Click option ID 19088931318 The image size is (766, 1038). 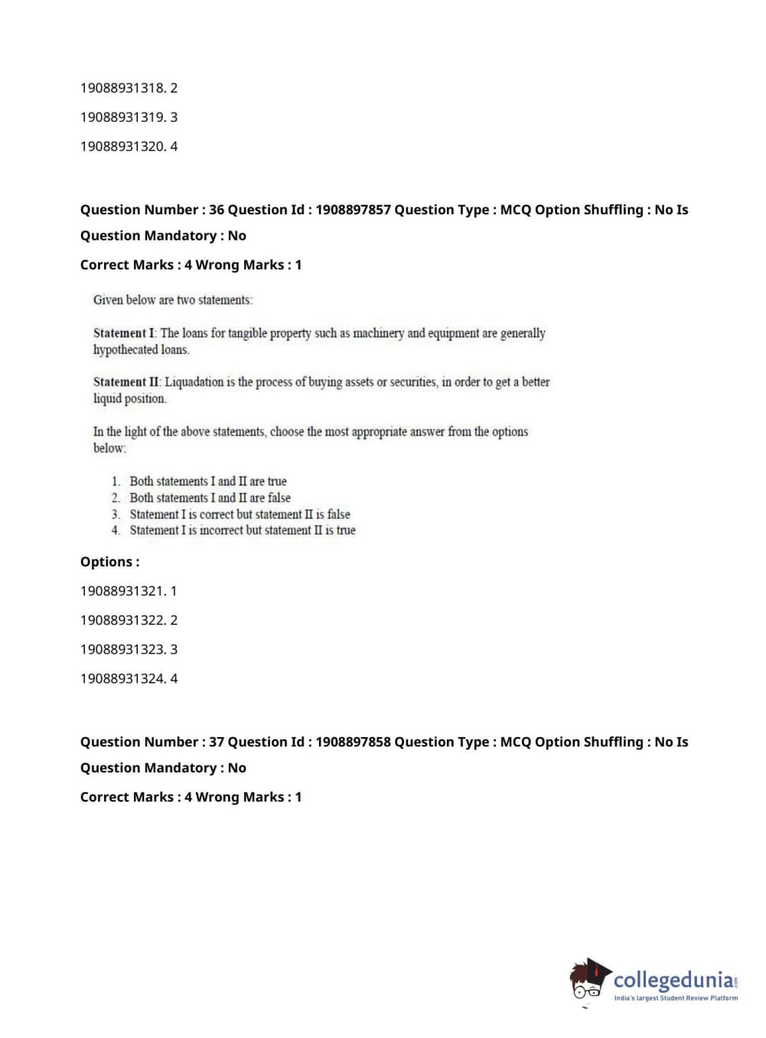point(122,88)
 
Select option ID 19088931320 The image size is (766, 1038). point(122,146)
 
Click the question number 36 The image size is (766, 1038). point(217,210)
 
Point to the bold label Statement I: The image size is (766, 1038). point(125,333)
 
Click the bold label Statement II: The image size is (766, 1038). point(127,382)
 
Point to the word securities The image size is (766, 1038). point(412,382)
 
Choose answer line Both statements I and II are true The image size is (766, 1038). point(207,481)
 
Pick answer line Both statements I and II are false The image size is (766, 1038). point(210,498)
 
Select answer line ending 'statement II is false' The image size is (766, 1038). point(240,514)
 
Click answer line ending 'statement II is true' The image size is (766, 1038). point(242,530)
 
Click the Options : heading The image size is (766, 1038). point(109,562)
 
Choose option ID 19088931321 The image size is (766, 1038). point(122,591)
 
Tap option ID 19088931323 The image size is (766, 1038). point(122,649)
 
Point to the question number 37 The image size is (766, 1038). point(217,742)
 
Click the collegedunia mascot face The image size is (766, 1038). point(588,981)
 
